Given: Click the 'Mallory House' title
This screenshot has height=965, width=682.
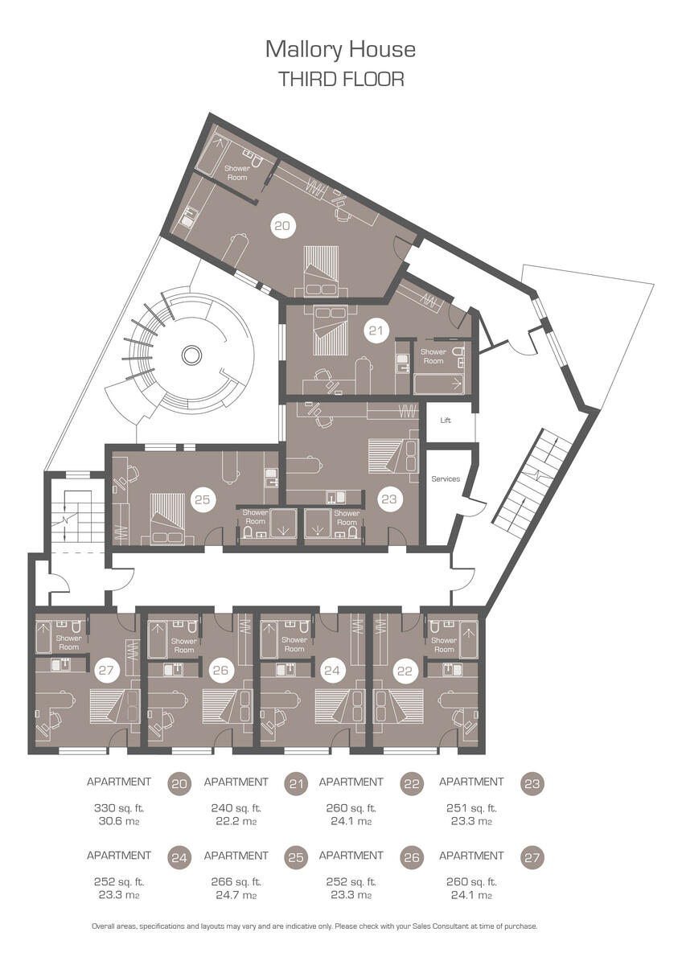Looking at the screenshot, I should (340, 50).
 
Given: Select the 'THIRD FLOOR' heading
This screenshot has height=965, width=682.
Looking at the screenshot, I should (340, 79).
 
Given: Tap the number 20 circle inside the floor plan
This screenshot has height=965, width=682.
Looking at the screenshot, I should (281, 227).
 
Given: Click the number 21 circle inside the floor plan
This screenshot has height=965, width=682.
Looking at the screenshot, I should (374, 329).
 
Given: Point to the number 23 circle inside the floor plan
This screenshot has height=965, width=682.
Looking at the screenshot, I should (389, 499).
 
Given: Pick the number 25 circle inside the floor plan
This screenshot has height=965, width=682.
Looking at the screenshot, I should (203, 499).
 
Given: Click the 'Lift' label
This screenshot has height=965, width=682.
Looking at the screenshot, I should (446, 421).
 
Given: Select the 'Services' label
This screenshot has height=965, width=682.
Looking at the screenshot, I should (446, 479).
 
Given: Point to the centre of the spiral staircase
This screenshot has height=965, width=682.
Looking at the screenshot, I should (191, 354).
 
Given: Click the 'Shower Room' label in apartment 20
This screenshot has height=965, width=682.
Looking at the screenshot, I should (236, 173).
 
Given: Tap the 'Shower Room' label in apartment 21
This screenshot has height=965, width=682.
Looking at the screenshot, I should (433, 356).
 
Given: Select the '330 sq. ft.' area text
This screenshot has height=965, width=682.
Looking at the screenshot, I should (118, 808).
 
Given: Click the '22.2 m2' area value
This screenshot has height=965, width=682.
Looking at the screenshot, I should (236, 822).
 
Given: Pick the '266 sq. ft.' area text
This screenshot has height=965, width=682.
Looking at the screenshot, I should (236, 882).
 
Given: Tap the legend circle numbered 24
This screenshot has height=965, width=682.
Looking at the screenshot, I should (179, 858).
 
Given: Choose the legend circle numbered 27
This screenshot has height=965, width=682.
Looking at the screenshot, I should (532, 858).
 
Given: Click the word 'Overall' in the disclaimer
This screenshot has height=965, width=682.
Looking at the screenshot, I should (105, 926).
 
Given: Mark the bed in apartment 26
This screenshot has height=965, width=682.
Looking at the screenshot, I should (220, 705).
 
